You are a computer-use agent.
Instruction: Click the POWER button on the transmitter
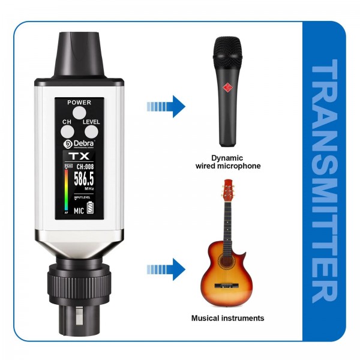pyautogui.click(x=79, y=112)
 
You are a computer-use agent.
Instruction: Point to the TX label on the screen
pyautogui.click(x=79, y=155)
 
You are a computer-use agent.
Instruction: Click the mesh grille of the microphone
pyautogui.click(x=227, y=52)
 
